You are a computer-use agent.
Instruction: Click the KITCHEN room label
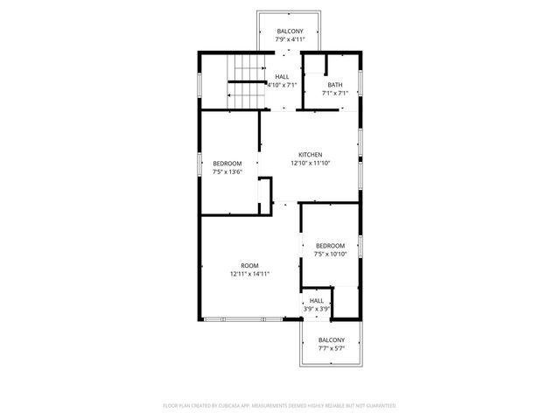[310, 154]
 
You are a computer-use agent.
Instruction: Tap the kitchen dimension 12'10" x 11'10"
[310, 163]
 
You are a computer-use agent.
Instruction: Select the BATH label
[335, 85]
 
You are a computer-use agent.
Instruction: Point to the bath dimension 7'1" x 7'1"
[335, 94]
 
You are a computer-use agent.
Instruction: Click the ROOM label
[249, 265]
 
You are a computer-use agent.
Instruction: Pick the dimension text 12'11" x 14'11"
[249, 274]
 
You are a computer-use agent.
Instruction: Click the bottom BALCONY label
[331, 339]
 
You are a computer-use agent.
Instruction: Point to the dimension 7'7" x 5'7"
[331, 348]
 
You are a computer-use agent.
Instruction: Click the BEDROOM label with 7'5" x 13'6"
[227, 164]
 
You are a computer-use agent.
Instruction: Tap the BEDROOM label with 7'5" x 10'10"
[330, 246]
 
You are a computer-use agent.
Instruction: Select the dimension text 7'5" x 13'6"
[227, 172]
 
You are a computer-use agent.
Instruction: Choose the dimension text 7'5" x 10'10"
[330, 255]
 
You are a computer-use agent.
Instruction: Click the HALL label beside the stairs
[282, 77]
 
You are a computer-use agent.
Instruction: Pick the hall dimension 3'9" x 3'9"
[316, 309]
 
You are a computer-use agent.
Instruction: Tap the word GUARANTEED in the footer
[376, 406]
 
